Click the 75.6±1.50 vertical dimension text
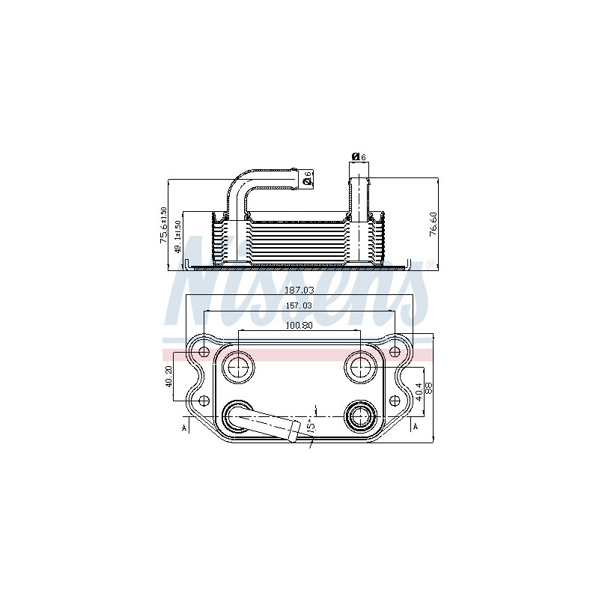tap(162, 224)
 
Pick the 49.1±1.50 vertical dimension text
tap(177, 238)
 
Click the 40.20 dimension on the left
tap(169, 375)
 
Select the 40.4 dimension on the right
tap(418, 390)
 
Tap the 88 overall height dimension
tap(429, 389)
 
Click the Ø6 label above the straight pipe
tap(358, 157)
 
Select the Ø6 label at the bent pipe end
tap(307, 178)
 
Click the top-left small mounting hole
tap(204, 351)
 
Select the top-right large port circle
tap(361, 367)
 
